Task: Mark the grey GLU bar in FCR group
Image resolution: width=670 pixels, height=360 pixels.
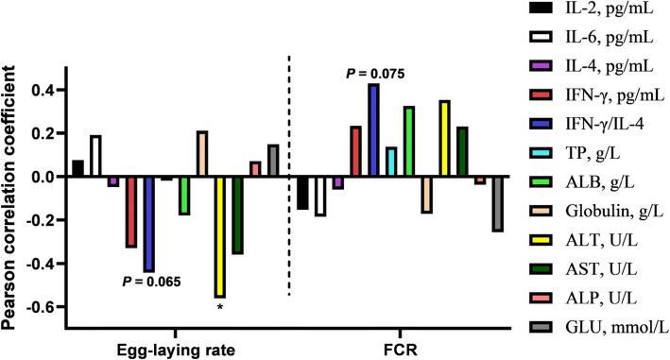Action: pos(497,204)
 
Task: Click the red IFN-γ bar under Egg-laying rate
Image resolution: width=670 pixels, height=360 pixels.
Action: pos(130,213)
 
